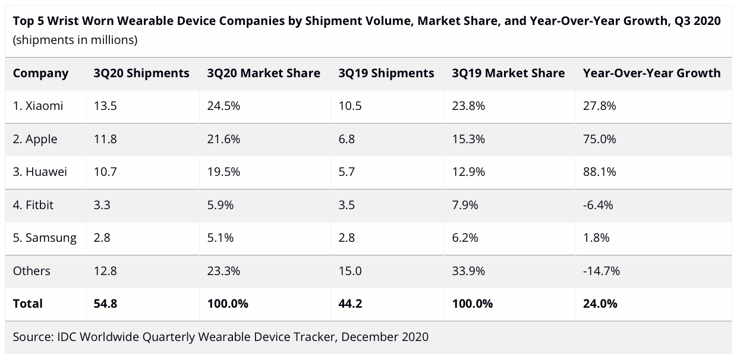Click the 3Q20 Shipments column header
coord(141,74)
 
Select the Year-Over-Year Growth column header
coord(651,74)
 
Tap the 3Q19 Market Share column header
coord(508,74)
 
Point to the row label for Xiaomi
coord(38,106)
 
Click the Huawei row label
coord(40,172)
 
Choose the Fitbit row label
coord(34,205)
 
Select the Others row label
coord(32,271)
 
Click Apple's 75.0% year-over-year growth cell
coord(599,140)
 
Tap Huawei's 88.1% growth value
coord(599,172)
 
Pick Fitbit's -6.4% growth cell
coord(598,205)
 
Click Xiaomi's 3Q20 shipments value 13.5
coord(105,106)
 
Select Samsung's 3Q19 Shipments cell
coord(347,238)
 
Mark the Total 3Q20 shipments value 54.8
coord(105,304)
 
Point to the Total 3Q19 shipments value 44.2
coord(350,304)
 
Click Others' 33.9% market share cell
coord(468,271)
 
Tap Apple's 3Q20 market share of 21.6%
coord(223,140)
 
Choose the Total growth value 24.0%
coord(600,304)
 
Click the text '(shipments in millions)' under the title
coord(75,40)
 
